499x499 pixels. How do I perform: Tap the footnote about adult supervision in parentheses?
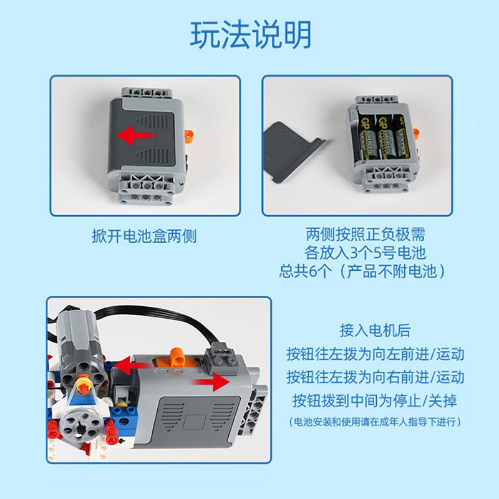point(375,422)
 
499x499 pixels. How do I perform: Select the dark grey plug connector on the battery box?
point(221,357)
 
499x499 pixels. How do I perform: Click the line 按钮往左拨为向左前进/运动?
point(375,354)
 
